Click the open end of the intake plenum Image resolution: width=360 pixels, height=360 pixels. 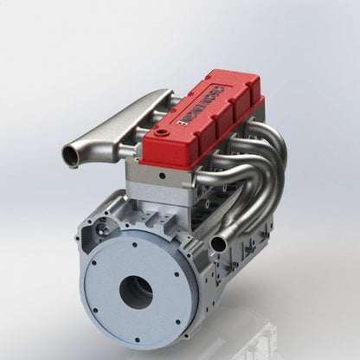(x=70, y=157)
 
